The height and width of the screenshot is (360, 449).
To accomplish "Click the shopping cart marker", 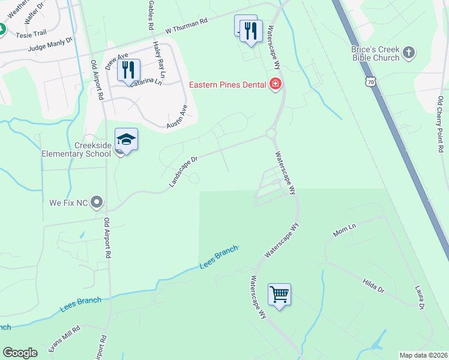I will pos(279,295).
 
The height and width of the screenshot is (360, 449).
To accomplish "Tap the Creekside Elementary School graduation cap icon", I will pos(127,140).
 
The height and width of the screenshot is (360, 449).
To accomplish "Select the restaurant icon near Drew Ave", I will pos(128,70).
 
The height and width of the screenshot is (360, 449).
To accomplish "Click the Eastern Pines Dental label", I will pos(228,85).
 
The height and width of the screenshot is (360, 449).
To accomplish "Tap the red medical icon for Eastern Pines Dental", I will pos(276,85).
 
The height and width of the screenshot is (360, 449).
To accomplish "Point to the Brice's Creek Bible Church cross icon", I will pos(408,52).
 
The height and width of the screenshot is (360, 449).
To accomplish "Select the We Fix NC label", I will pos(69,203).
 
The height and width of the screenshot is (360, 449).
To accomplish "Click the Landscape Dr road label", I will pos(183,172).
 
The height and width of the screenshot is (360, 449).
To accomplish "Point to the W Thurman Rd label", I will pos(186,25).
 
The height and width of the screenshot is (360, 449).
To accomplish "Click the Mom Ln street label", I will pos(345,228).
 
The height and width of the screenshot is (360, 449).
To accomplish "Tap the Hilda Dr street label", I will pos(373,285).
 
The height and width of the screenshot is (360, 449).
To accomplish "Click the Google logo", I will pos(20,353).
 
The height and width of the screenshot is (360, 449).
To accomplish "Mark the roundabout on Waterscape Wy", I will pos(271,134).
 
